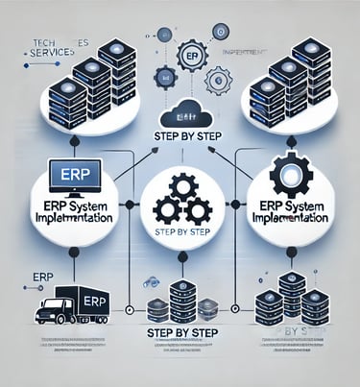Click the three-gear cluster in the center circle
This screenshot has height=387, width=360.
180,197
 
